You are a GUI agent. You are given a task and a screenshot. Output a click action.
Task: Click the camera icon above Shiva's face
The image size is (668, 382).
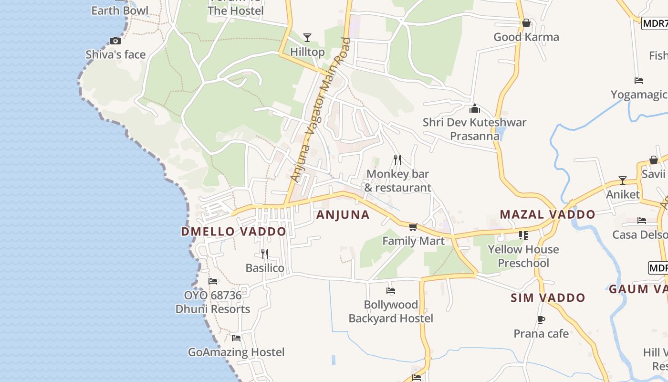click(x=115, y=41)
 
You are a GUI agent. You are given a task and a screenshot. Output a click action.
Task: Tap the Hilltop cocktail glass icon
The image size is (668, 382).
click(x=307, y=37)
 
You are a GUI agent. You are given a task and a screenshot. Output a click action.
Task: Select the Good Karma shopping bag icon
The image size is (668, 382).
click(x=526, y=23)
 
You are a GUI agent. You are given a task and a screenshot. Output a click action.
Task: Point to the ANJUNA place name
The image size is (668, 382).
click(x=343, y=215)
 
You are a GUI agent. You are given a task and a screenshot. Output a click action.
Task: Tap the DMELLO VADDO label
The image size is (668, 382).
click(x=233, y=232)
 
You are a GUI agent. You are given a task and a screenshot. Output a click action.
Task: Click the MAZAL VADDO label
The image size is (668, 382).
click(x=547, y=214)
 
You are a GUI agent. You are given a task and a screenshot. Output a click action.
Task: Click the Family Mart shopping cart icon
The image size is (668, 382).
click(x=413, y=227)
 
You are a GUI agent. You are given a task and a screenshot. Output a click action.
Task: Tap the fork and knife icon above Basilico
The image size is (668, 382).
click(x=265, y=254)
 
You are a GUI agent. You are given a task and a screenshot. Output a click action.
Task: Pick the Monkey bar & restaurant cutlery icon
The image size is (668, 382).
click(x=397, y=159)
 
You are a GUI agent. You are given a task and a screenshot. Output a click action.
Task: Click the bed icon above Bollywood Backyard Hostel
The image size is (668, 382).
click(x=391, y=290)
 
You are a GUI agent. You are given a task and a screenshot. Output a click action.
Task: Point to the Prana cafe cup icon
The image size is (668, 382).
click(x=541, y=319)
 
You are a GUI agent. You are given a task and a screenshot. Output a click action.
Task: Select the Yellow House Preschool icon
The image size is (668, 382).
click(x=523, y=235)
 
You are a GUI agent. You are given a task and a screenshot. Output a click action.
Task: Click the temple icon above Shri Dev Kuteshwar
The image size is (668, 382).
click(x=475, y=108)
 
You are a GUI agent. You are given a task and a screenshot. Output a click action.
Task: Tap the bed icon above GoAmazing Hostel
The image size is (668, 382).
click(x=236, y=338)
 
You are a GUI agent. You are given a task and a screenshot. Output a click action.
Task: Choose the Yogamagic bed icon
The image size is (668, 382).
click(x=639, y=80)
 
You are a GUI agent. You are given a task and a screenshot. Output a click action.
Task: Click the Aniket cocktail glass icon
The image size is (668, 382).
click(x=623, y=180)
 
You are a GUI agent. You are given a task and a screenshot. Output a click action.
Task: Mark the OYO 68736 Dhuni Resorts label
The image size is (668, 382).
click(x=213, y=302)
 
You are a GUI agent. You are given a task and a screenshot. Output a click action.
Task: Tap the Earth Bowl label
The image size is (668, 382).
click(x=120, y=10)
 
